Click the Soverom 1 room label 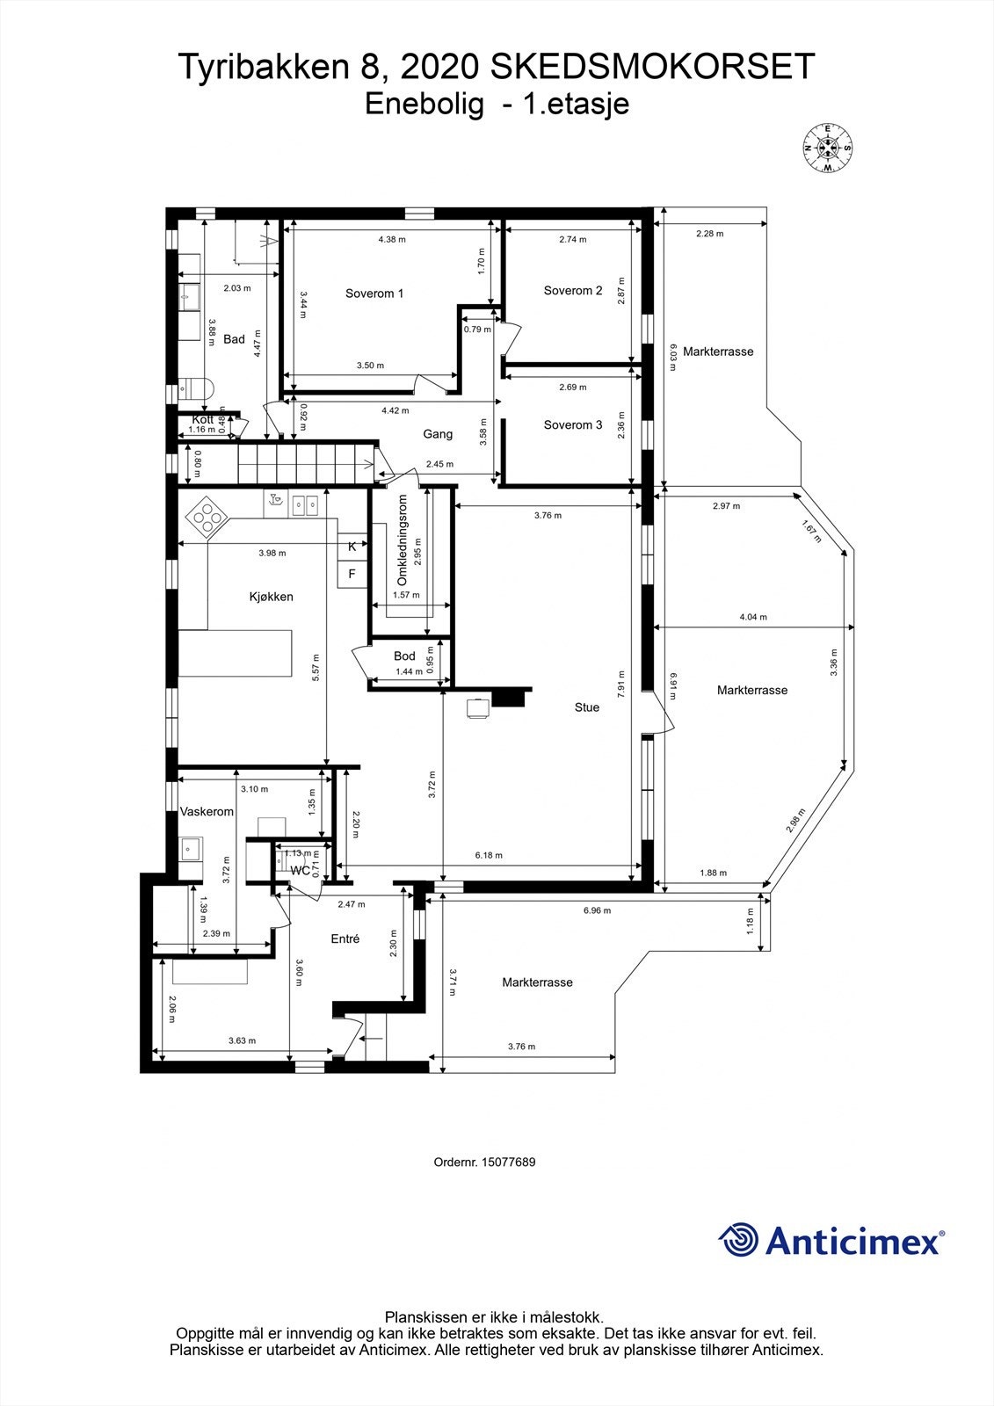[x=374, y=294]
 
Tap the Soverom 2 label [x=573, y=291]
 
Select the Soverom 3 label [x=573, y=425]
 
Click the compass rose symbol [x=827, y=147]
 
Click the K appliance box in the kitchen [x=352, y=547]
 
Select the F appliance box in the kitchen [x=352, y=574]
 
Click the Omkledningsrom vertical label [x=403, y=540]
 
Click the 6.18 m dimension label [x=489, y=855]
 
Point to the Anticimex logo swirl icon [x=737, y=1240]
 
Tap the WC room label [x=300, y=871]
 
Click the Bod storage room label [x=404, y=656]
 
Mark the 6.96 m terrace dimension [x=597, y=911]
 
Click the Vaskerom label [x=207, y=812]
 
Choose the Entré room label [x=345, y=939]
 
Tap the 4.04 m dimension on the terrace [x=753, y=617]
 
